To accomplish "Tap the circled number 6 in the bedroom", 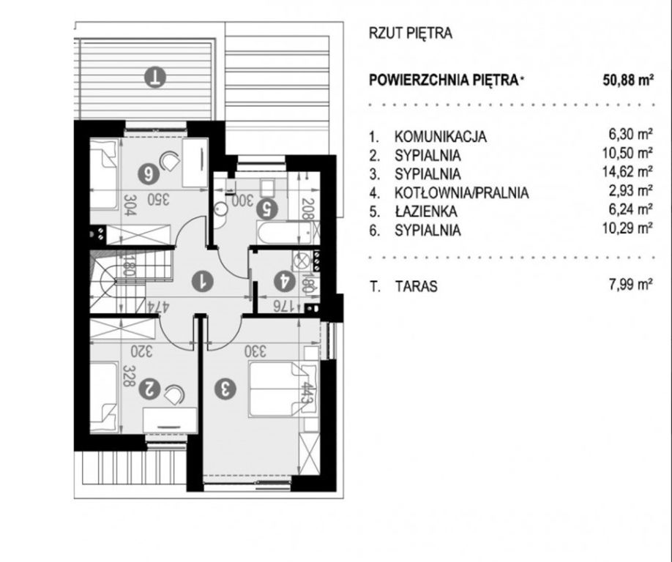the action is pyautogui.click(x=149, y=174).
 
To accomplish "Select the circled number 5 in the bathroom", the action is pyautogui.click(x=266, y=209).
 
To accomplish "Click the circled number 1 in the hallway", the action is pyautogui.click(x=202, y=282).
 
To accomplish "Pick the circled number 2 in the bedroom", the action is pyautogui.click(x=149, y=389).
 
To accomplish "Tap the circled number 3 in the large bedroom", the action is pyautogui.click(x=225, y=389).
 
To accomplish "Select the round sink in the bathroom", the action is pyautogui.click(x=221, y=209).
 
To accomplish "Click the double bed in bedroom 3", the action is pyautogui.click(x=283, y=389).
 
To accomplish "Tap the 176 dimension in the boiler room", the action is pyautogui.click(x=283, y=305).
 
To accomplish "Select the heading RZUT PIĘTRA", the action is pyautogui.click(x=410, y=34).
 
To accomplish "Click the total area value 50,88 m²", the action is pyautogui.click(x=628, y=80).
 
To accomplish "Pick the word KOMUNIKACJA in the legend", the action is pyautogui.click(x=440, y=137).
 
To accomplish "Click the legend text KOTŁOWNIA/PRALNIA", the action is pyautogui.click(x=461, y=192).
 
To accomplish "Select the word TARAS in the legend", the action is pyautogui.click(x=416, y=286).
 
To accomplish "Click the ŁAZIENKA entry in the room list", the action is pyautogui.click(x=425, y=211).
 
